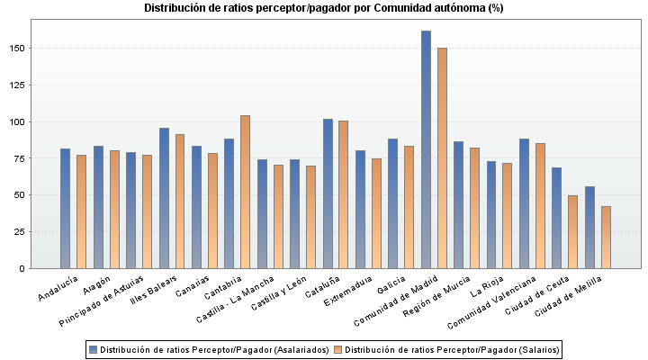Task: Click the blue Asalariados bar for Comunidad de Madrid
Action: point(426,149)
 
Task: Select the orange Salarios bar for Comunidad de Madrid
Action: point(442,157)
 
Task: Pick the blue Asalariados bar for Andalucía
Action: point(65,208)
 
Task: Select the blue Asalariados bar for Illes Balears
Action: point(164,198)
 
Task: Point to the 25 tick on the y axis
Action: point(29,231)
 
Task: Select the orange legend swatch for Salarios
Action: point(338,349)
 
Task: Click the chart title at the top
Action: point(324,8)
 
